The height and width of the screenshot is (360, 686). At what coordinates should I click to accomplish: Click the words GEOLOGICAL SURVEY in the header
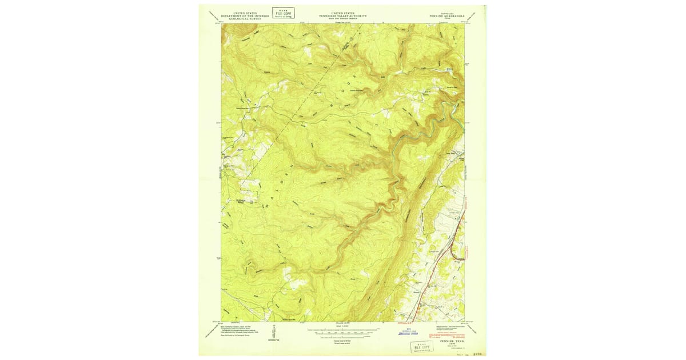point(244,19)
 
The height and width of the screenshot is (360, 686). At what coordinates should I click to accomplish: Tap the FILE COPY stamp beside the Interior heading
point(283,13)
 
